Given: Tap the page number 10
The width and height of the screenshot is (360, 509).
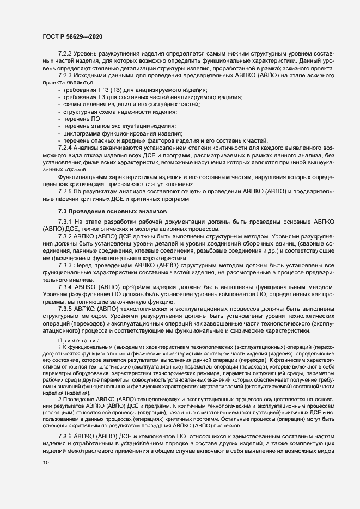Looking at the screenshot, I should [46, 478].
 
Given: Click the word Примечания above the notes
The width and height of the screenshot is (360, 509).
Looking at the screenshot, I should [76, 340].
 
